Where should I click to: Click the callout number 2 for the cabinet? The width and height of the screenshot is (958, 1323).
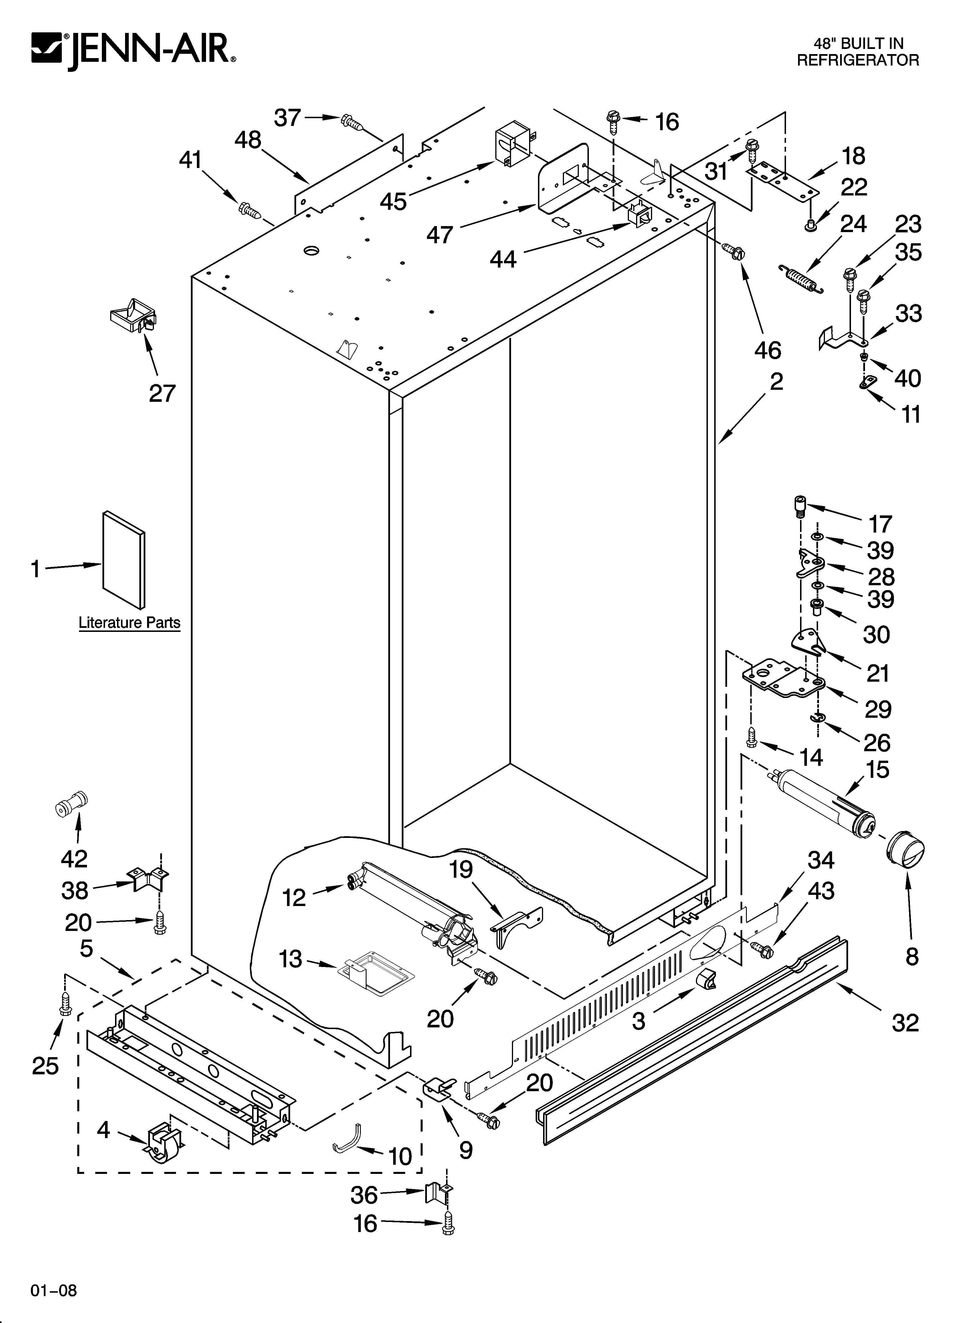pos(776,382)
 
